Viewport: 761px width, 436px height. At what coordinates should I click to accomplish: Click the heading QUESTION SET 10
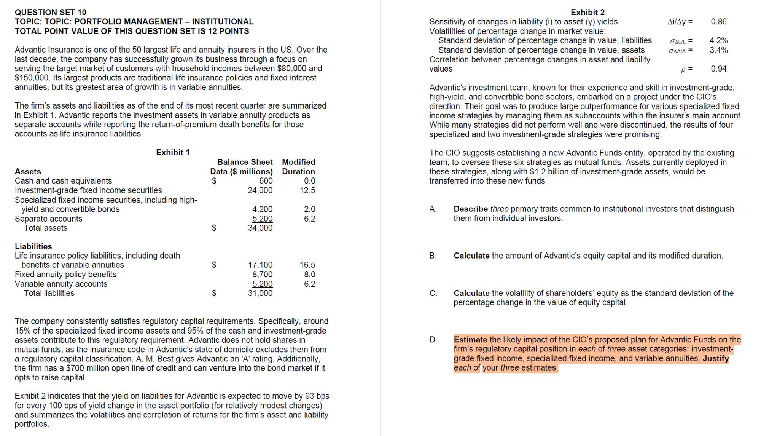coord(51,12)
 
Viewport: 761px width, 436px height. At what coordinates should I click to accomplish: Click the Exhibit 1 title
coord(173,152)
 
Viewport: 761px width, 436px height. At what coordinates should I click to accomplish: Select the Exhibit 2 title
coord(587,12)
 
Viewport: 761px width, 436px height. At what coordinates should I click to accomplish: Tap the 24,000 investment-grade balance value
coord(260,190)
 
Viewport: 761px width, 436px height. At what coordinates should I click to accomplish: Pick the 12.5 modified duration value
coord(307,190)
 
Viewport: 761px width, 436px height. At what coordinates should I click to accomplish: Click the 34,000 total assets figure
coord(260,228)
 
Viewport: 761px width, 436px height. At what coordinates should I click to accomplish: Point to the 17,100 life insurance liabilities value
coord(260,265)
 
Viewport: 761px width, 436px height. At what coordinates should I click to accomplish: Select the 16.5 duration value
coord(307,265)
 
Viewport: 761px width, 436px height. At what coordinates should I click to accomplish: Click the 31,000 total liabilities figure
coord(260,293)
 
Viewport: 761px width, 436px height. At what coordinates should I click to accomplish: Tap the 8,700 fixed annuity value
coord(262,274)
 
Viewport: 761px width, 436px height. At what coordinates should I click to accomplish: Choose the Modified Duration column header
coord(298,167)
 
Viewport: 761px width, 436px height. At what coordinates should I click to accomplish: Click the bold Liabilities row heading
coord(33,246)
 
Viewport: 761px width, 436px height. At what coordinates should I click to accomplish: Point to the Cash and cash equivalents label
coord(63,181)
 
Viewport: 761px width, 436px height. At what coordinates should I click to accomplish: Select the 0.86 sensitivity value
coord(718,22)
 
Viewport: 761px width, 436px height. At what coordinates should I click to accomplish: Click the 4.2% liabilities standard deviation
coord(718,40)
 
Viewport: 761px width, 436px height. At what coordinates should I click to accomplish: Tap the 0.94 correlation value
coord(718,69)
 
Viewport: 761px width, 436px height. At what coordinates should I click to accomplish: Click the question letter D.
coord(433,340)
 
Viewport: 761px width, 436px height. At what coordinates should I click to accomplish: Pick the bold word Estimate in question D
coord(470,340)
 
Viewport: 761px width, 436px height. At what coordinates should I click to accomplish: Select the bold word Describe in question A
coord(470,209)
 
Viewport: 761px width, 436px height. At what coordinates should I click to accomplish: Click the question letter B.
coord(433,256)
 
